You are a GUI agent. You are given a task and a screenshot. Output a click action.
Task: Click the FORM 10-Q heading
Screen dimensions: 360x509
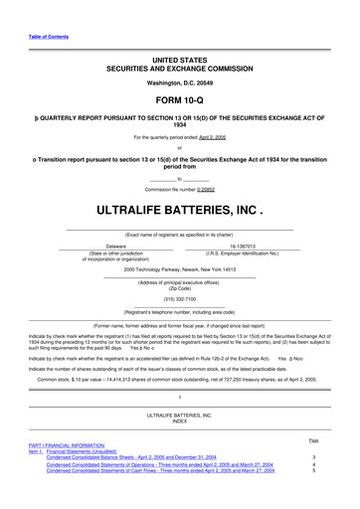(x=179, y=100)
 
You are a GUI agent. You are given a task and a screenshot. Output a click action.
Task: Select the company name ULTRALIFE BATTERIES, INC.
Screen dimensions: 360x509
(x=179, y=212)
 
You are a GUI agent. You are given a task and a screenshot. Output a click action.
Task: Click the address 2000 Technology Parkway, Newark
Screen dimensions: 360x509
(x=179, y=269)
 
